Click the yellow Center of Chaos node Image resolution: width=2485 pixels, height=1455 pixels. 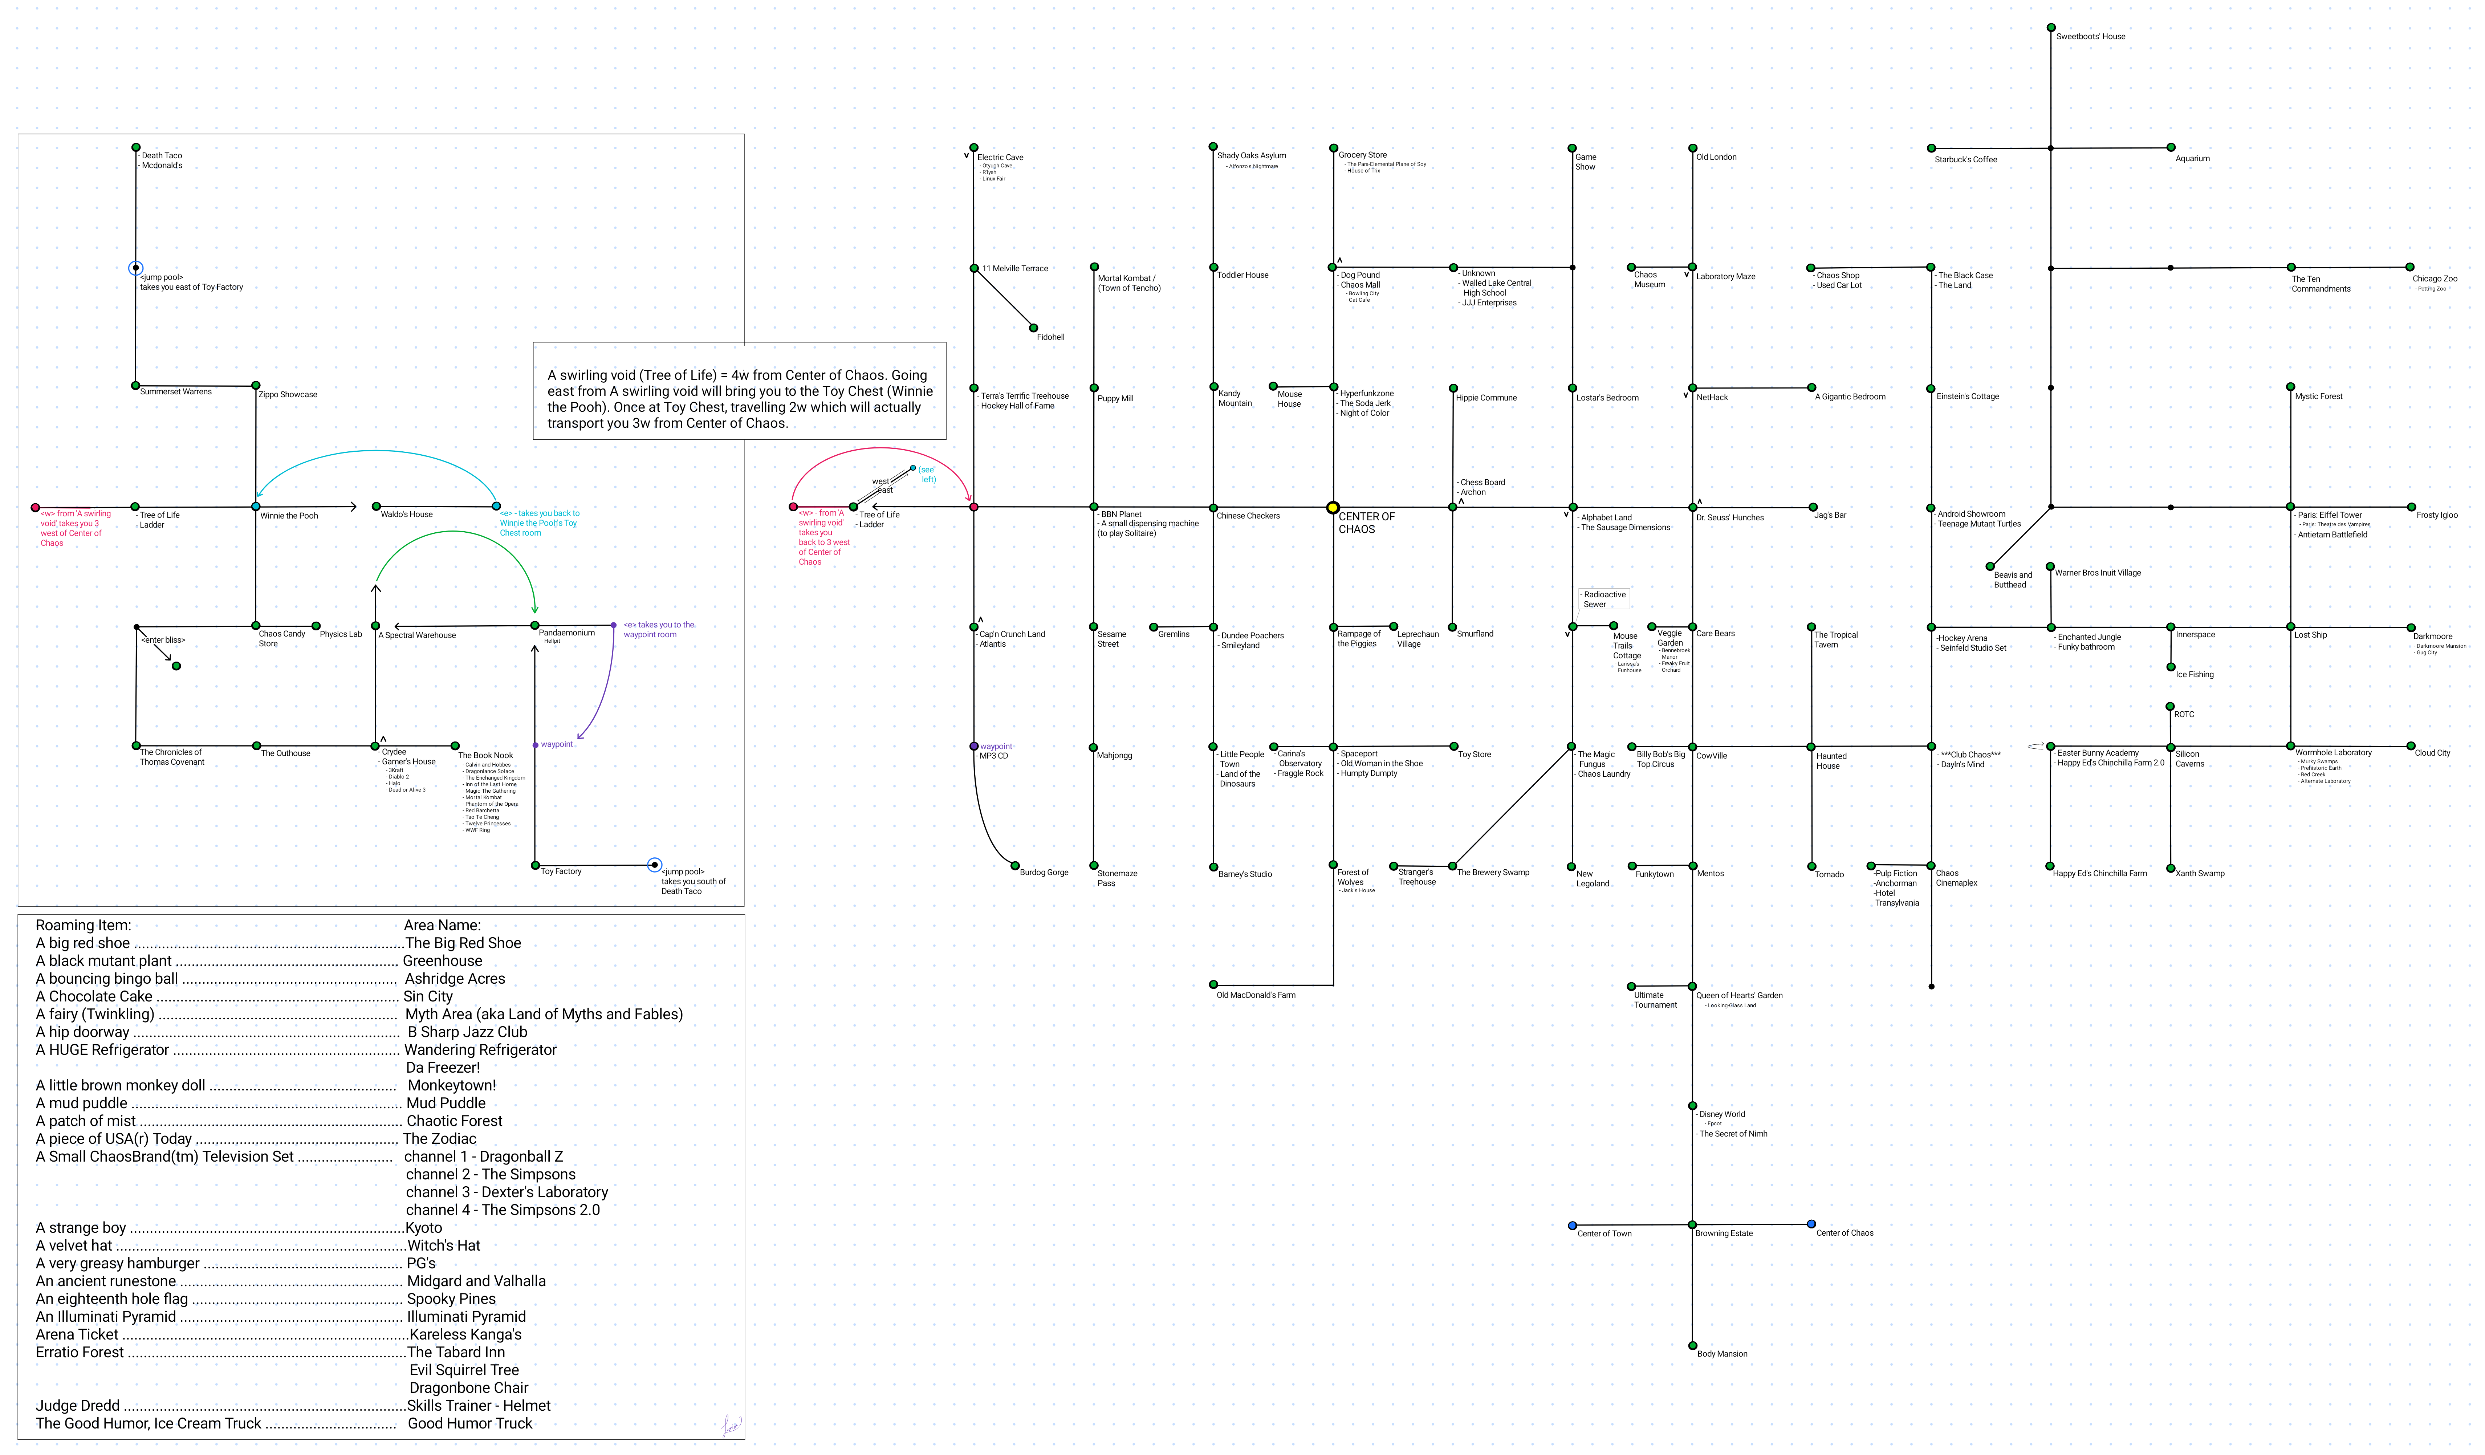point(1332,508)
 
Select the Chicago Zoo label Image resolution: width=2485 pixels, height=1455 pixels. point(2435,279)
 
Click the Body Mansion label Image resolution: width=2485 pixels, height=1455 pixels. point(1722,1353)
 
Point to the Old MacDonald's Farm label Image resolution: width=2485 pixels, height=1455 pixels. point(1255,995)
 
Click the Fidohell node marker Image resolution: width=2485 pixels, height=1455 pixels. point(1033,328)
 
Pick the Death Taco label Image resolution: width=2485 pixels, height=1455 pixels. point(162,156)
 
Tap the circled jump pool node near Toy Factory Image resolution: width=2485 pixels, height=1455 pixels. point(654,865)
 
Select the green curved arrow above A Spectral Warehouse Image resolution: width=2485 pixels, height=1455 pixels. point(454,533)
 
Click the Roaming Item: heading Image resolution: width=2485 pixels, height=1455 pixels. point(83,925)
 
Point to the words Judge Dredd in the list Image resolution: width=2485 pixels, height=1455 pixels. point(77,1406)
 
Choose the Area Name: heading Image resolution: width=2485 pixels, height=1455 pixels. point(442,925)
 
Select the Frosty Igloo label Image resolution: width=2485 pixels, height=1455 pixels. point(2437,515)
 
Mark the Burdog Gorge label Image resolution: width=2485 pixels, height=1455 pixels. point(1043,872)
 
